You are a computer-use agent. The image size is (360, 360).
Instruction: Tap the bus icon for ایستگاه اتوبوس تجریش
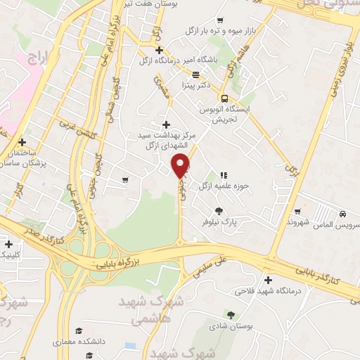click(x=224, y=98)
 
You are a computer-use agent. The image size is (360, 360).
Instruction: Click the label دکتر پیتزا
click(x=196, y=85)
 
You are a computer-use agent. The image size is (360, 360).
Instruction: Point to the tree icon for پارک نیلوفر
click(x=219, y=210)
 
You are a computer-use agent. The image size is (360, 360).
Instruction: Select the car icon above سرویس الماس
click(x=342, y=213)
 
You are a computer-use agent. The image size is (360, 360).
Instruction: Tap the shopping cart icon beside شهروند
click(x=297, y=210)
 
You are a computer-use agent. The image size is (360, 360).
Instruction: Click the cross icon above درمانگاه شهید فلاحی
click(x=267, y=279)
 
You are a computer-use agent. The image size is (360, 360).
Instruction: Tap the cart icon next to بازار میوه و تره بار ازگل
click(x=220, y=20)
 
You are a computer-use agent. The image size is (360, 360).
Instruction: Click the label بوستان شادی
click(x=232, y=326)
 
